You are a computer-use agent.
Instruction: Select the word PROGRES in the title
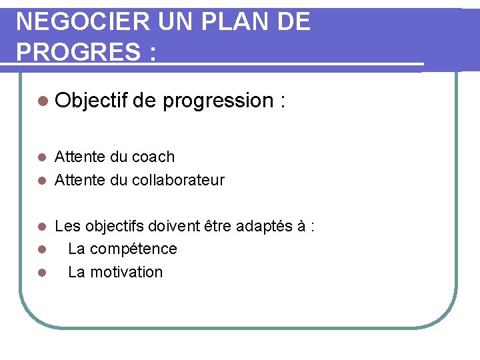tap(74, 51)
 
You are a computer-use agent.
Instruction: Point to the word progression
tap(217, 101)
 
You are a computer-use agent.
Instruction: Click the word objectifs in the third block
tap(111, 226)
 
